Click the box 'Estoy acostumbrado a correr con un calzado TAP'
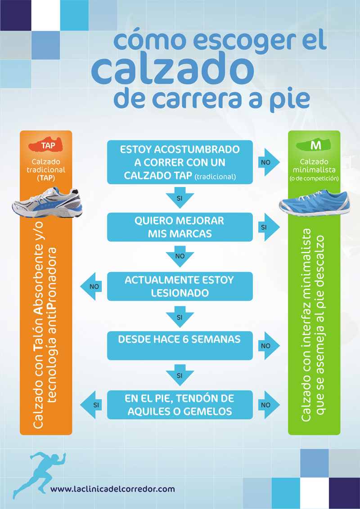point(180,162)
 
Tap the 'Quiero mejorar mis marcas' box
point(180,228)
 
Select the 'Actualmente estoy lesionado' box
point(180,286)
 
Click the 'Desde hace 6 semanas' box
point(180,345)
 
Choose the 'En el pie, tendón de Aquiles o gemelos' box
point(180,405)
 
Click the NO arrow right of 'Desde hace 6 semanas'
point(268,345)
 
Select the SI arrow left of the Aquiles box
point(92,405)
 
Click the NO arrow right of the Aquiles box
point(268,405)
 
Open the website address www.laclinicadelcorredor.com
point(112,489)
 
